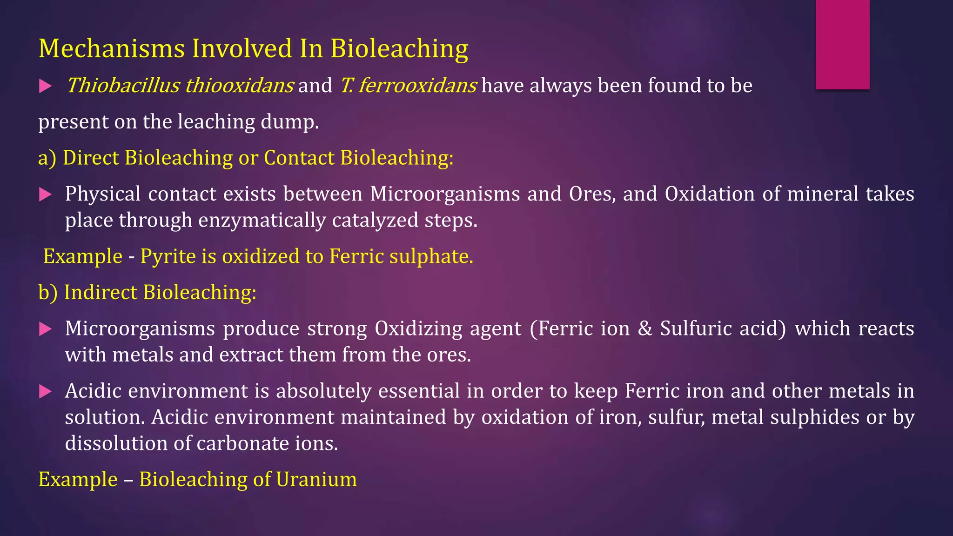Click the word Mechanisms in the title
pos(112,48)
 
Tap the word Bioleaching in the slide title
pos(399,48)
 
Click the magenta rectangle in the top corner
pos(842,44)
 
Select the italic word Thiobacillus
pos(123,86)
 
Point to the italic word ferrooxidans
pos(417,86)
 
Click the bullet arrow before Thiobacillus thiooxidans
pos(45,86)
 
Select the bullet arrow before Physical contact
pos(45,194)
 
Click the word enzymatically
pos(262,220)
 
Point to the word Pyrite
pos(168,256)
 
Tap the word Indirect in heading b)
pos(101,292)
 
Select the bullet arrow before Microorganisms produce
pos(45,329)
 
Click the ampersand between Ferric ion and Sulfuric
pos(644,328)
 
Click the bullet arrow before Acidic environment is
pos(45,391)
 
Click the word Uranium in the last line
pos(316,479)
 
